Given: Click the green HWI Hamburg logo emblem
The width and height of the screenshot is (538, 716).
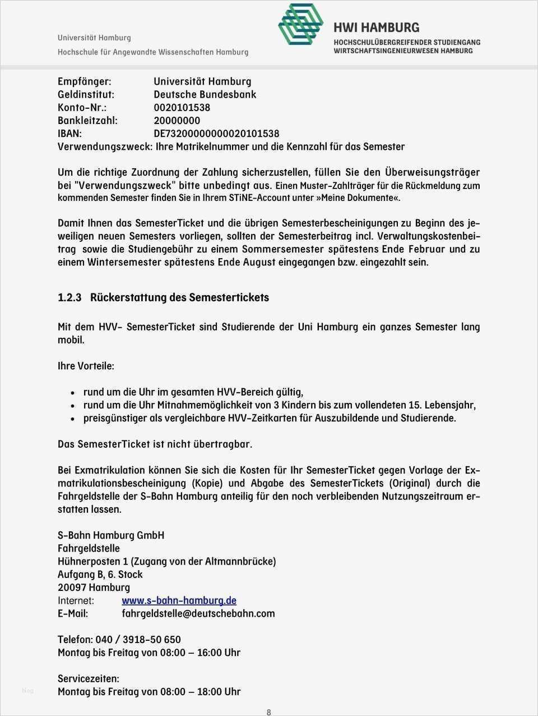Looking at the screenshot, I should (301, 24).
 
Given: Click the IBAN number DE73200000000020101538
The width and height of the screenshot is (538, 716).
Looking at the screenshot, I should (216, 134).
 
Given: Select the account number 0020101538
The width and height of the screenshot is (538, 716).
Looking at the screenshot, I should (182, 108).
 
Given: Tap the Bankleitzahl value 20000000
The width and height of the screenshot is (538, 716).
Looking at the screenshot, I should (177, 121).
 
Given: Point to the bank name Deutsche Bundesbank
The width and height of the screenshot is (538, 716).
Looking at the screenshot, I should (205, 95).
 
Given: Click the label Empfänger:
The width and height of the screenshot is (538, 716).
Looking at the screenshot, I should (84, 82).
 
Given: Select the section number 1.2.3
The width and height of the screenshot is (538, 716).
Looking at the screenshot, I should (69, 298).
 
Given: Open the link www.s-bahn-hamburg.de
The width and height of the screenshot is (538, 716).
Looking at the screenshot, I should (179, 600).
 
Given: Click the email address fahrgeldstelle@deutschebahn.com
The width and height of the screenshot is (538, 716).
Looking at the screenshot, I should (198, 613).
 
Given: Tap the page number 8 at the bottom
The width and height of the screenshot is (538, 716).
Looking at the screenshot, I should (268, 712).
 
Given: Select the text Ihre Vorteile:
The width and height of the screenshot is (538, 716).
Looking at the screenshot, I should (86, 366).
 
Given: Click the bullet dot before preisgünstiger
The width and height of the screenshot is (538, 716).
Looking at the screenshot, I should (73, 419).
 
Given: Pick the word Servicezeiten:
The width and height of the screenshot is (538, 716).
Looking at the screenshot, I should (88, 679).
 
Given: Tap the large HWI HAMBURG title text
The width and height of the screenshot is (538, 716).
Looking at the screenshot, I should (376, 27).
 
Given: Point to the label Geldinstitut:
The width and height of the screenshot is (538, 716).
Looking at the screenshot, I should (86, 95).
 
